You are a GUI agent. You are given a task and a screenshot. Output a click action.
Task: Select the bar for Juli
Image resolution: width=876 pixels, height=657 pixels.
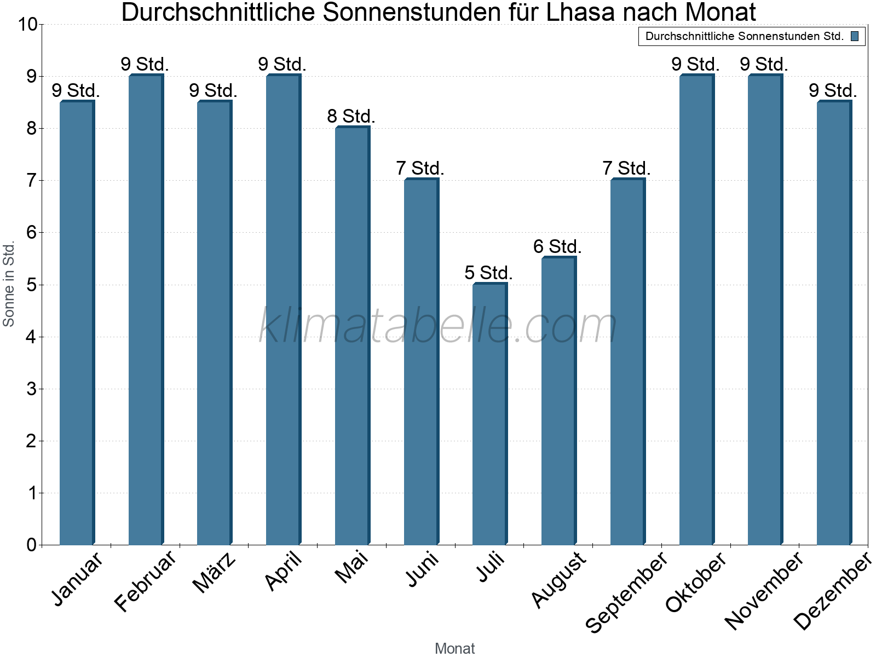pyautogui.click(x=489, y=414)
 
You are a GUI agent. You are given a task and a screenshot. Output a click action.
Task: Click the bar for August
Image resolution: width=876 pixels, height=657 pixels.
pyautogui.click(x=558, y=401)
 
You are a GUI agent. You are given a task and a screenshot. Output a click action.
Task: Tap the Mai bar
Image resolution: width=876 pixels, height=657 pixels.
pyautogui.click(x=352, y=336)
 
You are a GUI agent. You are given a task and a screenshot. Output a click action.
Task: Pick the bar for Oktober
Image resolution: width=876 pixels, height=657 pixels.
pyautogui.click(x=696, y=310)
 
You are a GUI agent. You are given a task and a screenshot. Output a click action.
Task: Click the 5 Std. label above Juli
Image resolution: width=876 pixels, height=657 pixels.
pyautogui.click(x=488, y=273)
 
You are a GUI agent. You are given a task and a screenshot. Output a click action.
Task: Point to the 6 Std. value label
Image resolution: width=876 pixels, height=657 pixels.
pyautogui.click(x=557, y=247)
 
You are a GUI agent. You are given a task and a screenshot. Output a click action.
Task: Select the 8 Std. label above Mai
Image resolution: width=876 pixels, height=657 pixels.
pyautogui.click(x=351, y=117)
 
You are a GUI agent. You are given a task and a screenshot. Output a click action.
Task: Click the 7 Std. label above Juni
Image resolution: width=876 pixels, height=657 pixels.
pyautogui.click(x=420, y=169)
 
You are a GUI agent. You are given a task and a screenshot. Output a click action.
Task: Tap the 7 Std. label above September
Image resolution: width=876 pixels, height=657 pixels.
pyautogui.click(x=626, y=169)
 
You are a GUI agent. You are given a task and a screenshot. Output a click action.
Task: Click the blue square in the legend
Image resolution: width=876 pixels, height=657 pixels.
pyautogui.click(x=855, y=37)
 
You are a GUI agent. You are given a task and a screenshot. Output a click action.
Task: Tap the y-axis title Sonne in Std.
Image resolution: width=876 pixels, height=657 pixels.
pyautogui.click(x=9, y=285)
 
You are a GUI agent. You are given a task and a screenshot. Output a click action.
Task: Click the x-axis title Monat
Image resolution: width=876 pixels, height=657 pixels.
pyautogui.click(x=454, y=648)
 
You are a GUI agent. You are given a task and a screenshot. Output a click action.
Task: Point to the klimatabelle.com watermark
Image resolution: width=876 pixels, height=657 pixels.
pyautogui.click(x=438, y=326)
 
